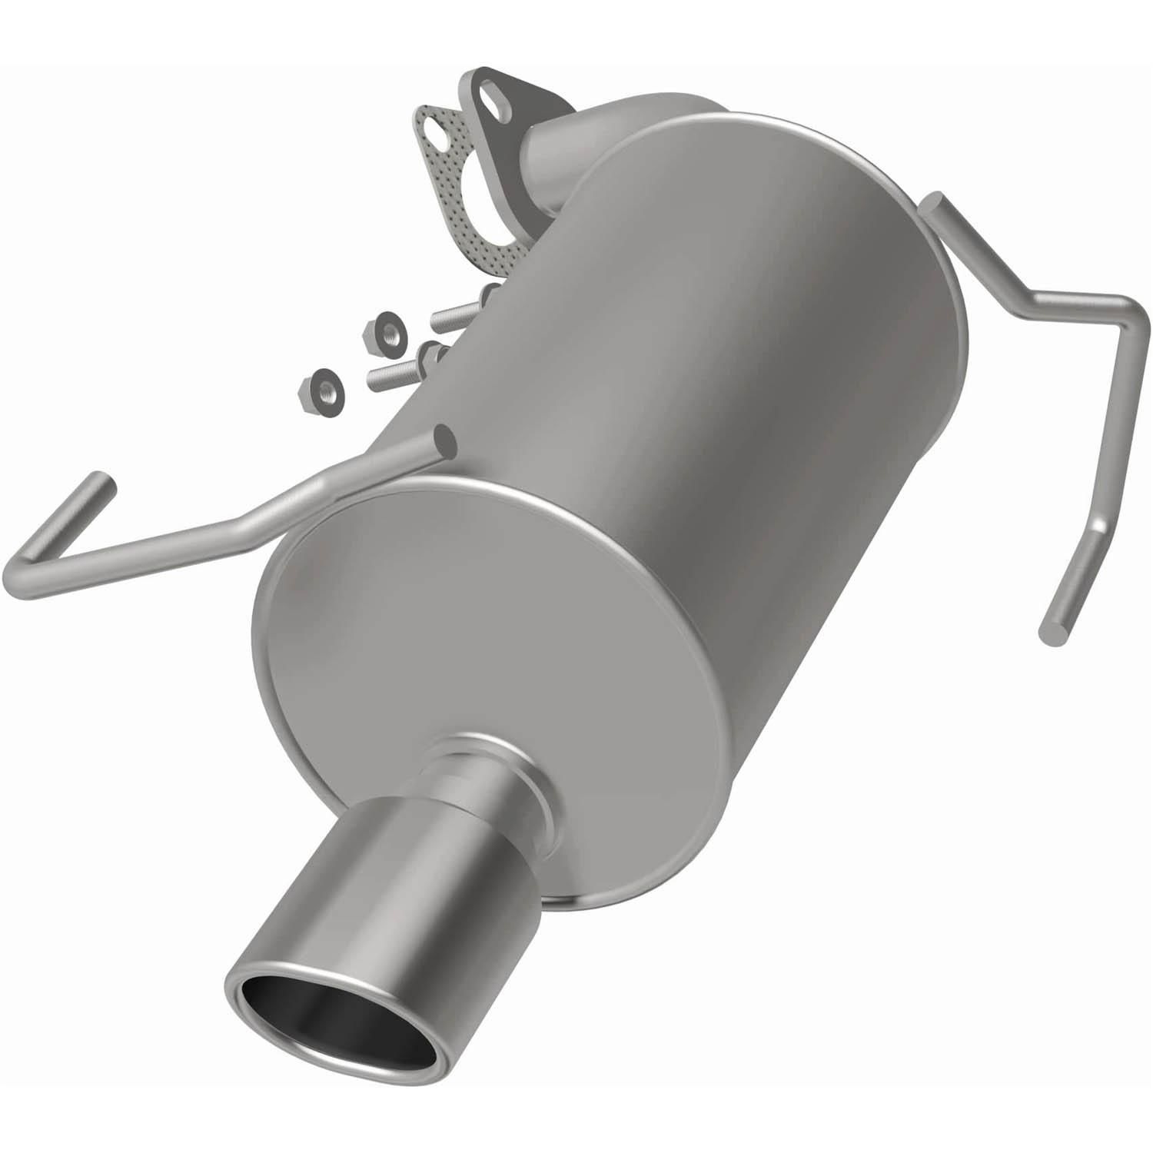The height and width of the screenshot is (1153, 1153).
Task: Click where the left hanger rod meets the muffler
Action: [443, 438]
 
